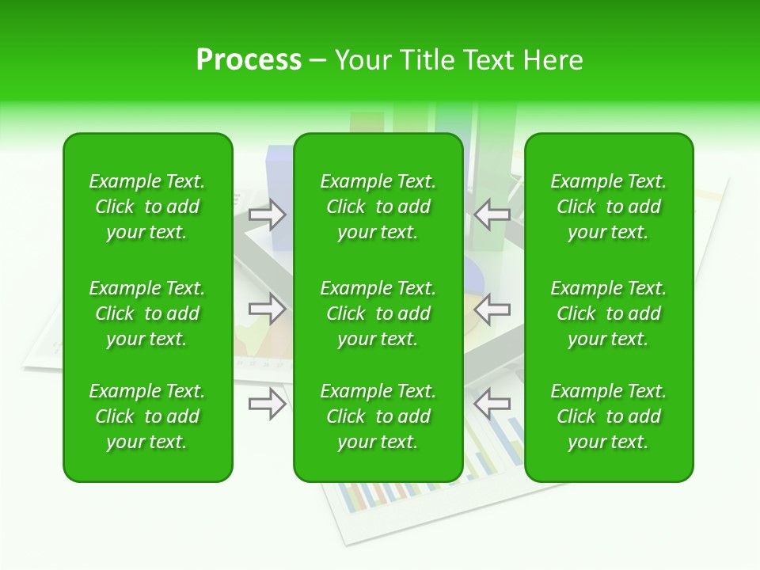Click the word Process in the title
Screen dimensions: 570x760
[249, 60]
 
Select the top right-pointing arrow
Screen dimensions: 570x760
[268, 215]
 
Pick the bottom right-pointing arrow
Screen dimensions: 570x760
[268, 404]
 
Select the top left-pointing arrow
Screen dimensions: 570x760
[492, 215]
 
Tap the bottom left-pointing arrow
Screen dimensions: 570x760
[492, 404]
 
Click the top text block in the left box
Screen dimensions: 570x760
[147, 207]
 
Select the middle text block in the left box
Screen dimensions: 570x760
[147, 313]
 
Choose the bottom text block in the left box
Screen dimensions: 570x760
[147, 416]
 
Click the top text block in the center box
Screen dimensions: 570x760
[378, 207]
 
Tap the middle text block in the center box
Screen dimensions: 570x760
[378, 313]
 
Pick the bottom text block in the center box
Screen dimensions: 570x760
[378, 416]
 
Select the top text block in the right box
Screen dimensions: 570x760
[609, 207]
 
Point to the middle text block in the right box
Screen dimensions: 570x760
[609, 313]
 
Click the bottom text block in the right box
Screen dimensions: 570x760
[609, 416]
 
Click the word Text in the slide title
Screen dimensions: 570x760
[486, 60]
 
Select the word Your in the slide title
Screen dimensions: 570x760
[363, 60]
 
